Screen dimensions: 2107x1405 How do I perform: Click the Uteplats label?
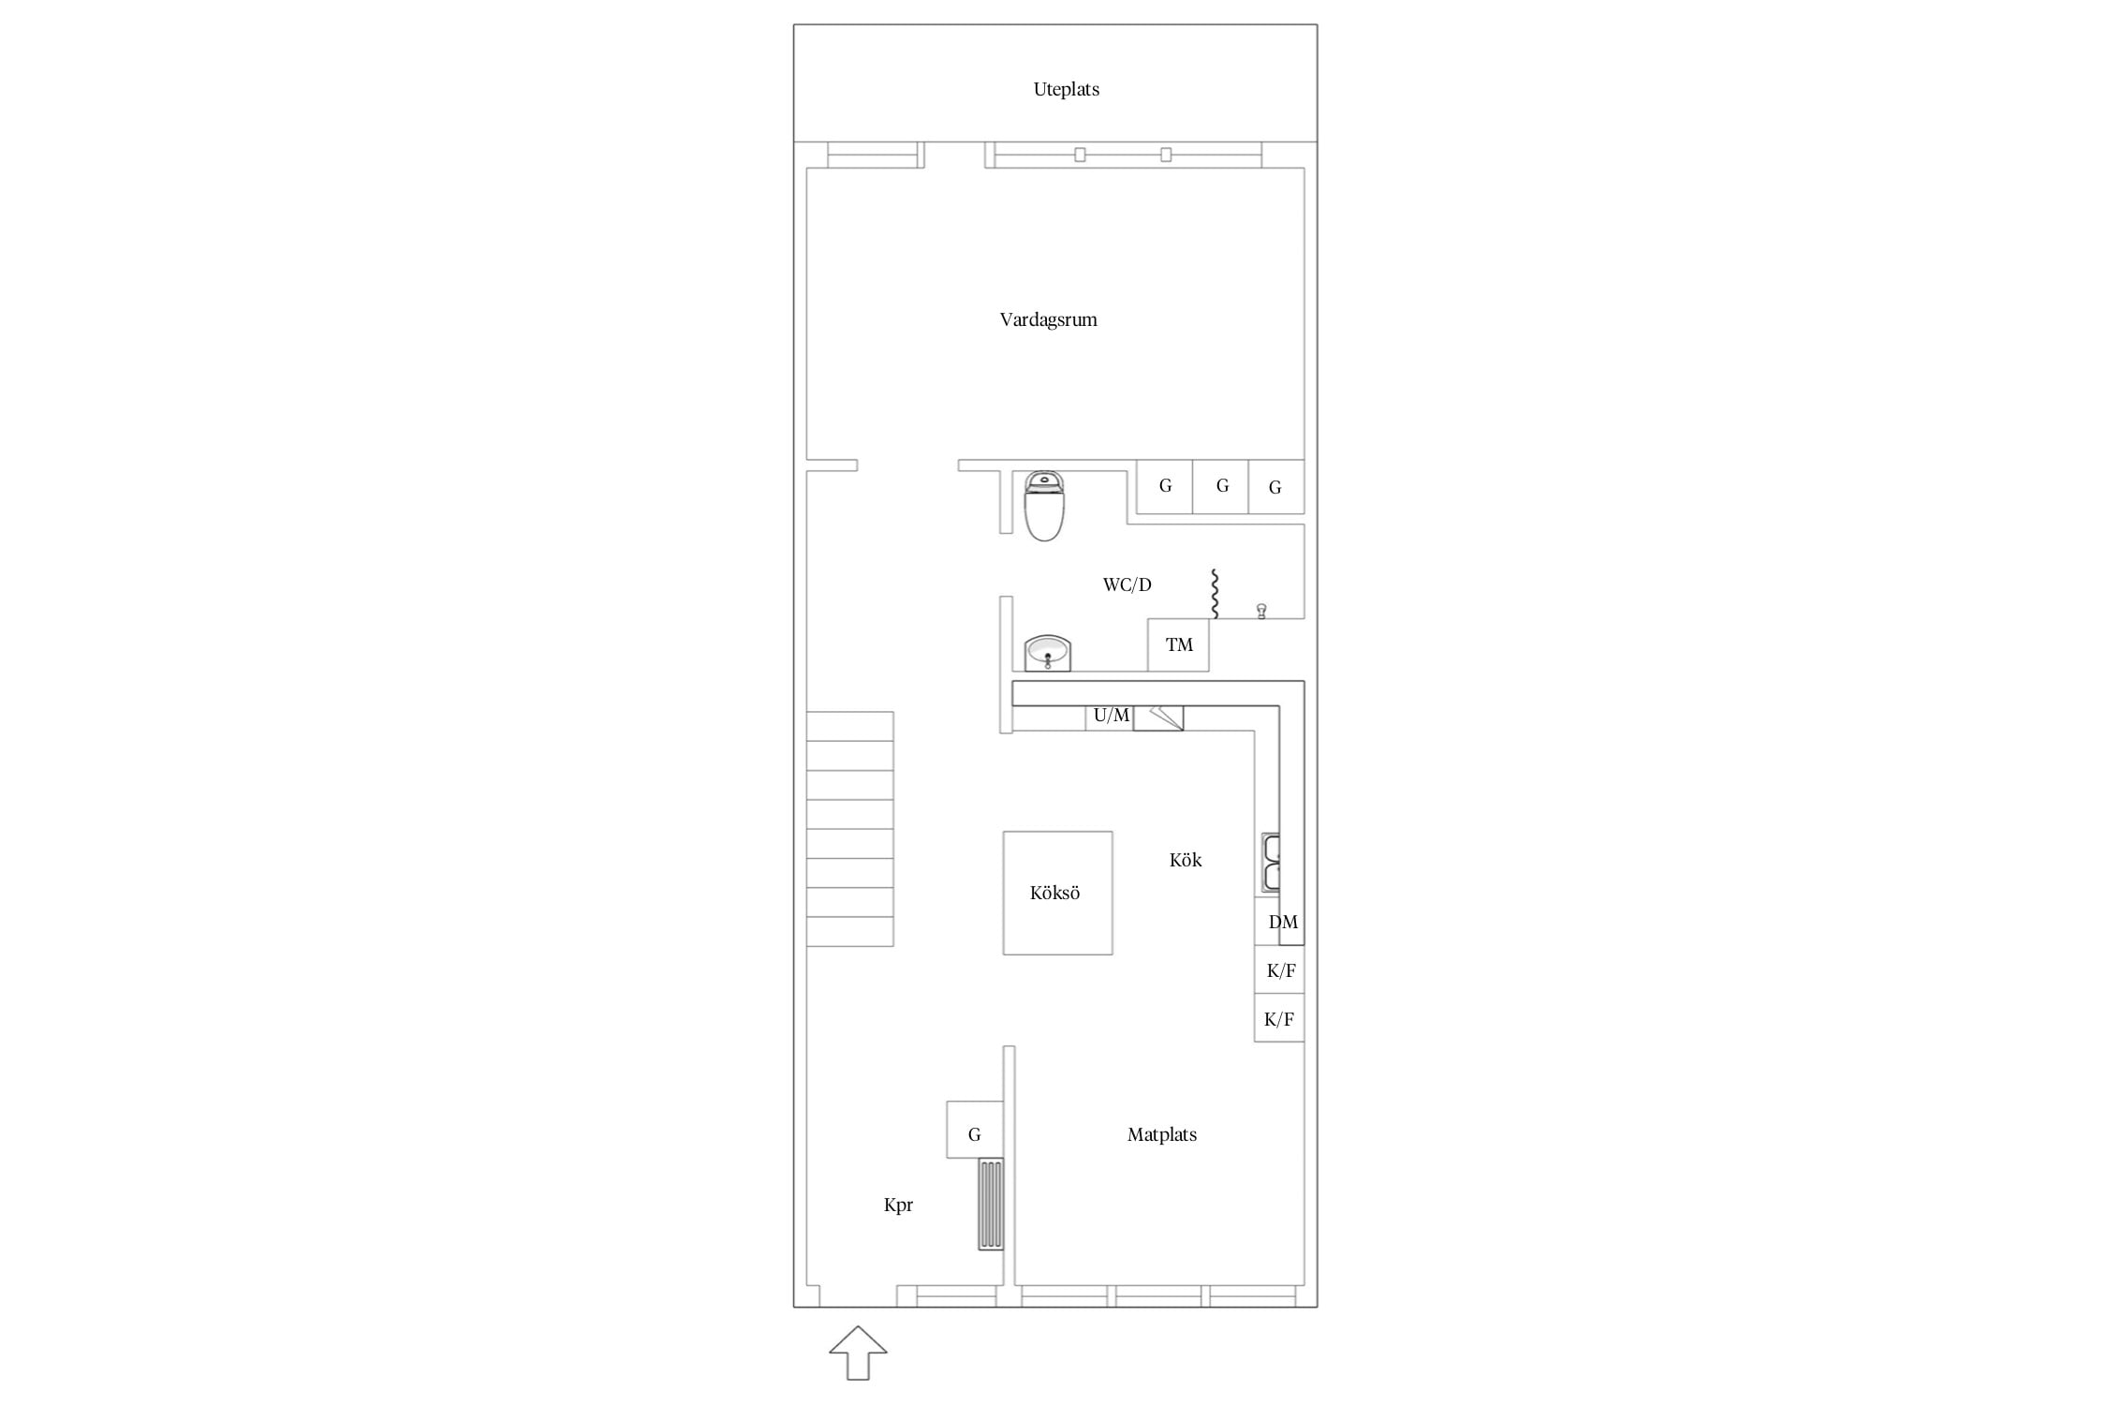(x=1066, y=90)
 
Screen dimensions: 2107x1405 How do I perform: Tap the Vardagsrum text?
(x=1048, y=319)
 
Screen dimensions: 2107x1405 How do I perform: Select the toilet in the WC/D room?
(x=1044, y=506)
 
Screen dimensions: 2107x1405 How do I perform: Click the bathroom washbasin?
(x=1048, y=653)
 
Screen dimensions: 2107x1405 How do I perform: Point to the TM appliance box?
(x=1178, y=644)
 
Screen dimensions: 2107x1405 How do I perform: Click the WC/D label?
(x=1127, y=585)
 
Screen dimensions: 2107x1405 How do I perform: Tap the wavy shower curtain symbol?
(x=1215, y=594)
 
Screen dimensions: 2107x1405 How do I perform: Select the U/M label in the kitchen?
(x=1112, y=716)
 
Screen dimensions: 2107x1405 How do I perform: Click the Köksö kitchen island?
(x=1058, y=893)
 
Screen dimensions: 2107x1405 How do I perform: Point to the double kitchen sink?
(x=1271, y=862)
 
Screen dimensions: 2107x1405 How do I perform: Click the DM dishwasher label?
(x=1283, y=923)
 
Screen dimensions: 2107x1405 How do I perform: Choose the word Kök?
(x=1186, y=860)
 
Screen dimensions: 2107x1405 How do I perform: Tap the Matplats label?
(x=1162, y=1134)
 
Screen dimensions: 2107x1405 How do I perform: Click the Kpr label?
(x=898, y=1205)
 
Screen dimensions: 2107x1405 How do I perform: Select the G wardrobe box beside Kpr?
(x=975, y=1130)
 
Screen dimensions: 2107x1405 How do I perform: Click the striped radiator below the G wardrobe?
(x=991, y=1204)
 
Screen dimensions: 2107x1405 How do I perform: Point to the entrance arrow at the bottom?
(x=858, y=1353)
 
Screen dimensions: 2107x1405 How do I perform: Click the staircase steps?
(x=850, y=829)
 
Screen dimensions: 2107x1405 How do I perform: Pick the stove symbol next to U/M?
(x=1158, y=718)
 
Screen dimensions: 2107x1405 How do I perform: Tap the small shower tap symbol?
(x=1261, y=612)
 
